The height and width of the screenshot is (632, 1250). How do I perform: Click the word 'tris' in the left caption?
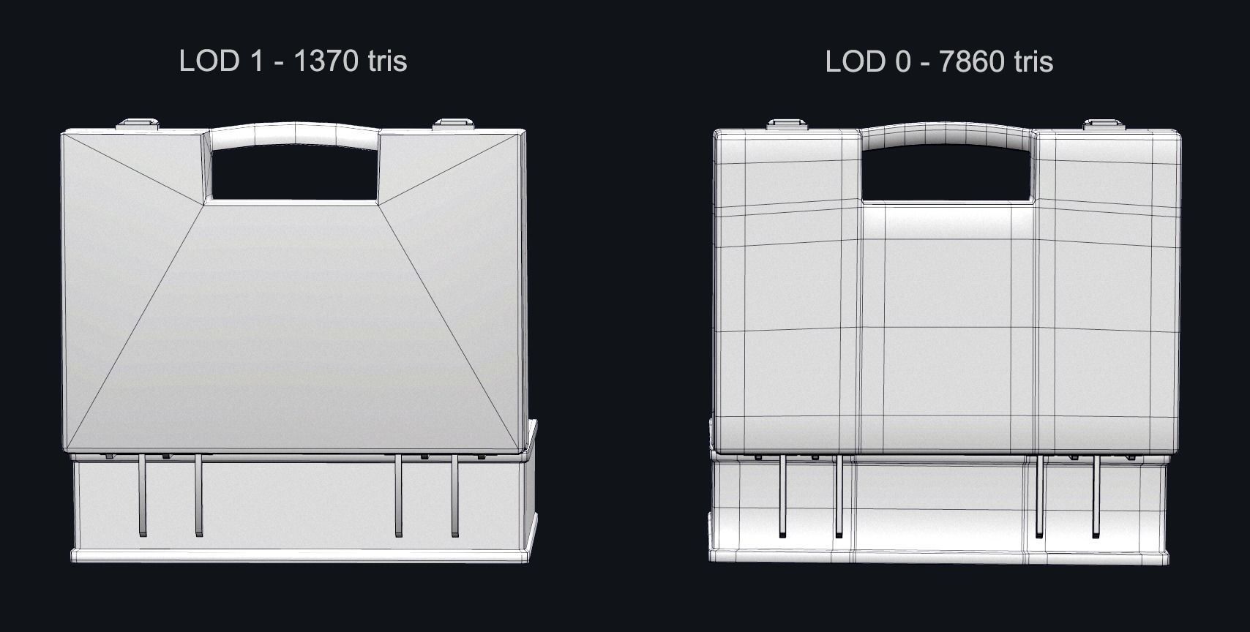tap(387, 61)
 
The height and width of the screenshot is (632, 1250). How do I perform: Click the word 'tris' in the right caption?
tap(1033, 61)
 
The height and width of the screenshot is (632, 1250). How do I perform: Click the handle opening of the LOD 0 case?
tap(948, 173)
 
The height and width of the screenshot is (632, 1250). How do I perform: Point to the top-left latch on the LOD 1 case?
tap(139, 124)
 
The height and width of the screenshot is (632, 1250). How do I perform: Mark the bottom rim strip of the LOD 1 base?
tap(300, 555)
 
